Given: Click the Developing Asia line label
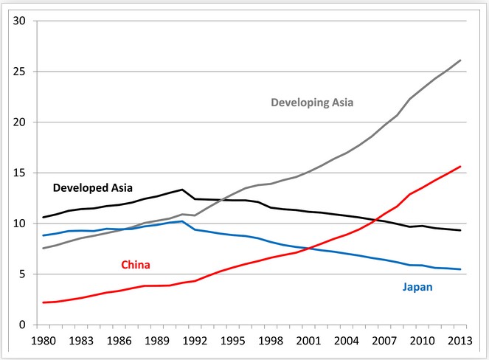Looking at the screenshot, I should (312, 103).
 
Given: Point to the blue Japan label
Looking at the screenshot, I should (418, 287).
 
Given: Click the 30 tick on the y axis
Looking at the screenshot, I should (20, 21).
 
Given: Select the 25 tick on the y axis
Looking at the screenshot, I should (20, 72).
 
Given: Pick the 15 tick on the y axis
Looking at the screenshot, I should (20, 173).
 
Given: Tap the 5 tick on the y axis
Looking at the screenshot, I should (23, 274).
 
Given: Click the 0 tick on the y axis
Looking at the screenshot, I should (23, 325).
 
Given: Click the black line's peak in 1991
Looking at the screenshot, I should (182, 190).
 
